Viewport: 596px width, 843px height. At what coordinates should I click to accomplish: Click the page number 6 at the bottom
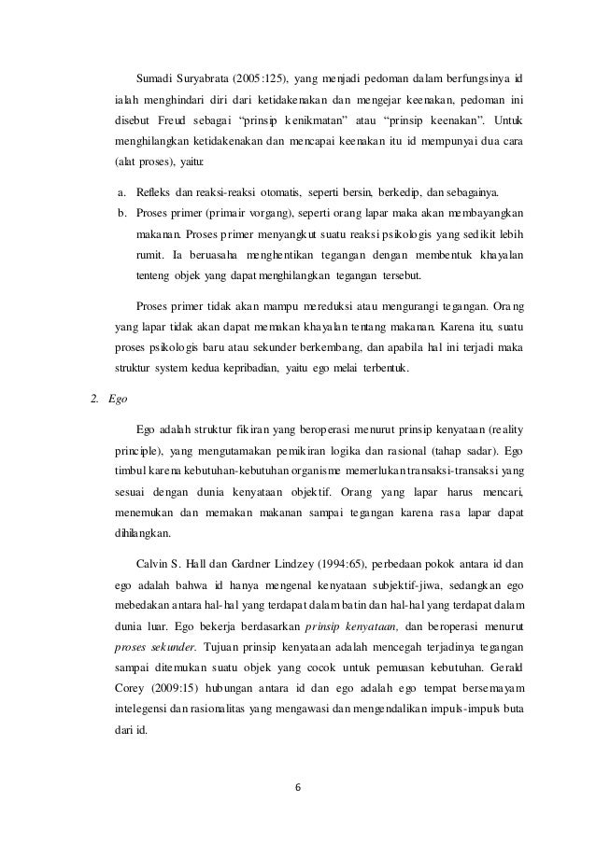pos(298,784)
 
